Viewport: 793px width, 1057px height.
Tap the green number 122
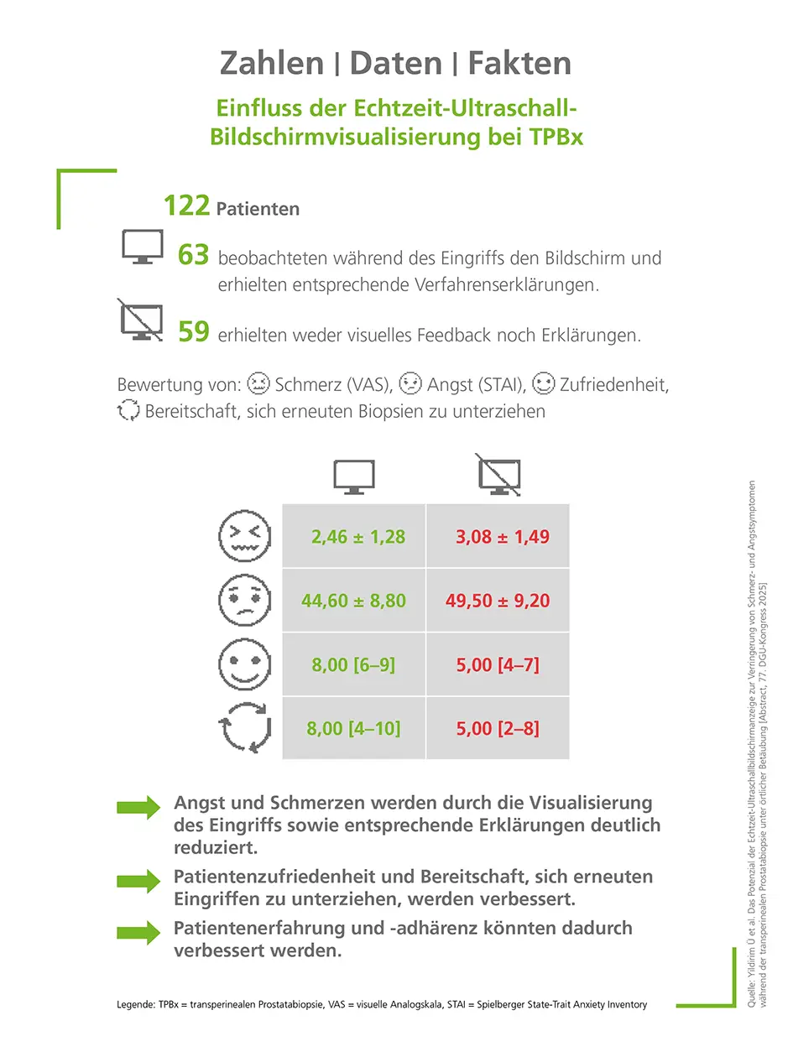185,206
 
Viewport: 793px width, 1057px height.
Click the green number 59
193,332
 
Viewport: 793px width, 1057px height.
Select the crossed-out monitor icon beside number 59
141,320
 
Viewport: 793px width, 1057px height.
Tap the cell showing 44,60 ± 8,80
353,601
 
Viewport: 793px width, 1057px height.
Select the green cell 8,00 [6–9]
353,665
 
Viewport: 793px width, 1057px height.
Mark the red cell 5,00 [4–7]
498,665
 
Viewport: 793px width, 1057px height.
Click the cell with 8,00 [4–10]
353,728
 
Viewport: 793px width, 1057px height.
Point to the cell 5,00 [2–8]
498,728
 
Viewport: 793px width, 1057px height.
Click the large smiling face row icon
245,664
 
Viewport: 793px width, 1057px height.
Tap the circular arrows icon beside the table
245,726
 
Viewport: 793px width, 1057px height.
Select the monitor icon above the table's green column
354,476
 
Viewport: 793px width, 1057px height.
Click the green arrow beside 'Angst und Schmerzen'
138,807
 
